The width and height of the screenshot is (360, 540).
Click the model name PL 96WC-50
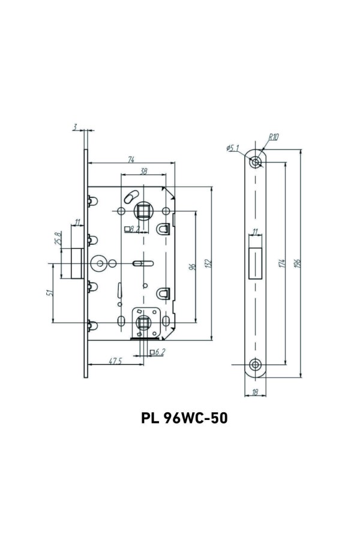point(184,418)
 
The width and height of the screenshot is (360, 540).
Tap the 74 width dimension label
point(131,159)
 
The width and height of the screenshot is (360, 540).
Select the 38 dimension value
point(143,171)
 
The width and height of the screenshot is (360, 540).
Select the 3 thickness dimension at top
point(74,127)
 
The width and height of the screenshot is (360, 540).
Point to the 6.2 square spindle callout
point(159,352)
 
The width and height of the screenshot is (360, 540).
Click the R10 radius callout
point(274,137)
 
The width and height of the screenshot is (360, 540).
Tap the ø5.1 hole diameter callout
point(233,147)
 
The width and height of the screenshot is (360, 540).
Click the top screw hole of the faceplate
point(256,161)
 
